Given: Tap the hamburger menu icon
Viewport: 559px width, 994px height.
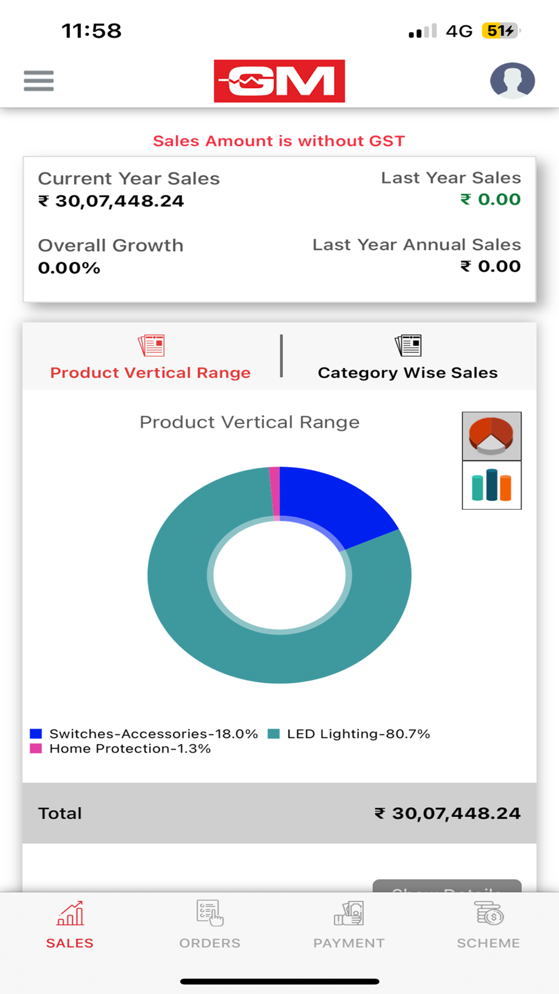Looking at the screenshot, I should tap(39, 81).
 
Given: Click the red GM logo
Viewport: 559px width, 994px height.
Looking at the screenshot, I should tap(279, 81).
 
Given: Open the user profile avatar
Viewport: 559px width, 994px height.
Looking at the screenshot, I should tap(512, 81).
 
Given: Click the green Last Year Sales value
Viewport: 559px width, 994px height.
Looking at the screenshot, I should tap(491, 200).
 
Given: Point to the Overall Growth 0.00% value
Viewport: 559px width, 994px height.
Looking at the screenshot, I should tap(69, 268).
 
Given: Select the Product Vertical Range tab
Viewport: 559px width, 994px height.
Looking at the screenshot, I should tap(150, 358).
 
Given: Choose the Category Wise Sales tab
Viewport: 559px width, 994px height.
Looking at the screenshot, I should tap(408, 358).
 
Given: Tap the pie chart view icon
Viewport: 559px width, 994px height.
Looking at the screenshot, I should tap(491, 436).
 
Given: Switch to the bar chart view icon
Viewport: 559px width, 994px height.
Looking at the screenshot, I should tap(491, 485).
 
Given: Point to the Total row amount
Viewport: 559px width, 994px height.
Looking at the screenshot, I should tap(447, 813).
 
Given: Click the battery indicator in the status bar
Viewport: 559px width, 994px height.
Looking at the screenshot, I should tap(500, 31).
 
